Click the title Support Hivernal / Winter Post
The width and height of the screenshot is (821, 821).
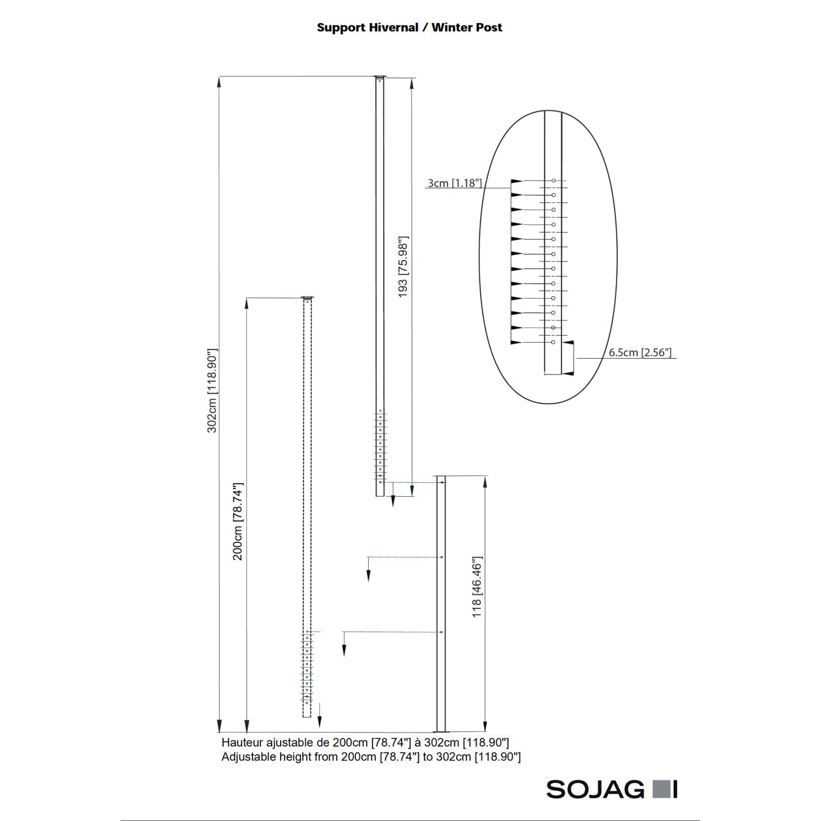(x=409, y=28)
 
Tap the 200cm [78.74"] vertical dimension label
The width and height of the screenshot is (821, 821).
(x=238, y=521)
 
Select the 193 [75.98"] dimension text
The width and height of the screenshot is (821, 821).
(x=403, y=267)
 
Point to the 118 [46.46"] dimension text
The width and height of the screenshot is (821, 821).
(x=477, y=587)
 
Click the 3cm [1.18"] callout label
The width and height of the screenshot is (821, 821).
(x=454, y=183)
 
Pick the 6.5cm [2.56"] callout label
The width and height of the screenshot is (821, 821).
(x=640, y=352)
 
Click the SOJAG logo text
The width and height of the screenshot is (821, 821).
(x=595, y=789)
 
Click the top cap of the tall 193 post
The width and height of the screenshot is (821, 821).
(x=380, y=77)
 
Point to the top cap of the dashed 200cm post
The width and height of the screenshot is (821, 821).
(x=307, y=298)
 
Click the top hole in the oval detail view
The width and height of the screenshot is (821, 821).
(x=554, y=181)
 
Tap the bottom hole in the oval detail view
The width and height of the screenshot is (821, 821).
(x=554, y=342)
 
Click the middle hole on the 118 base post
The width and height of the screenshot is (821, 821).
(x=442, y=557)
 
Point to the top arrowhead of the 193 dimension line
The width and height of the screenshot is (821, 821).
(x=412, y=84)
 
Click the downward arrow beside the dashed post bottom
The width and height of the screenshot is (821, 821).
(x=319, y=722)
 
